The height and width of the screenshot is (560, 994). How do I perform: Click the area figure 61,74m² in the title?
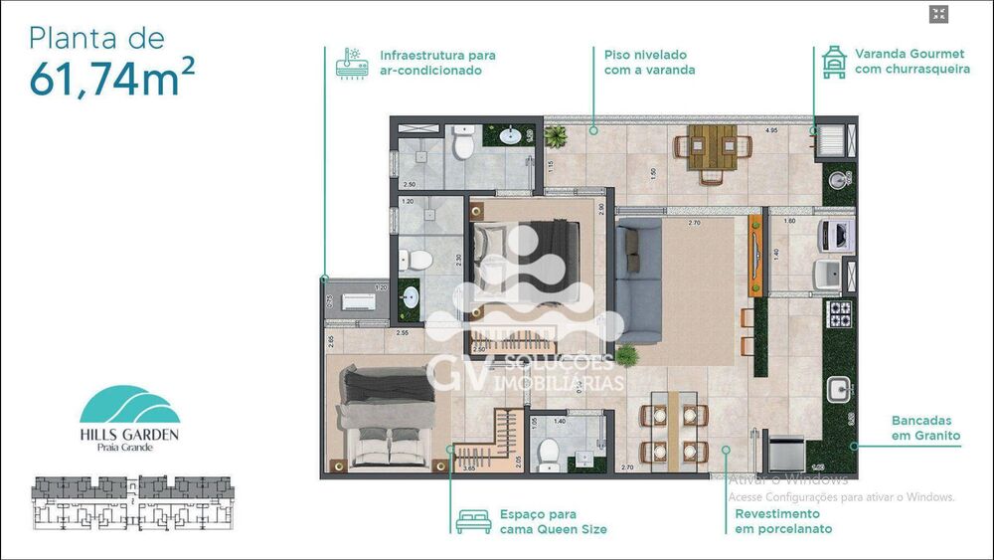[x=105, y=78]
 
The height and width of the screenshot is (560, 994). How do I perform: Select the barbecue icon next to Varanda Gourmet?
[x=833, y=61]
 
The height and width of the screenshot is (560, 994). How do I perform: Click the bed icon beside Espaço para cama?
[x=473, y=521]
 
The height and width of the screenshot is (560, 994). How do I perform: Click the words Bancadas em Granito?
[x=925, y=428]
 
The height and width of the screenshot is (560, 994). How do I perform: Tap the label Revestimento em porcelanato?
[x=778, y=521]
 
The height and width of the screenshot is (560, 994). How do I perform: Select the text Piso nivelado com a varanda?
[x=649, y=62]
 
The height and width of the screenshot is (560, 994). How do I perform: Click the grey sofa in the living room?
[x=637, y=267]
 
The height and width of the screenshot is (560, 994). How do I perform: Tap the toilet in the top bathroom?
[x=462, y=145]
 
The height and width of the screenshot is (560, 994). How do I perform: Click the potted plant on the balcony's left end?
[x=558, y=136]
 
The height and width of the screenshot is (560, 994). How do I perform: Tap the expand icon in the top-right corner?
[x=939, y=14]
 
